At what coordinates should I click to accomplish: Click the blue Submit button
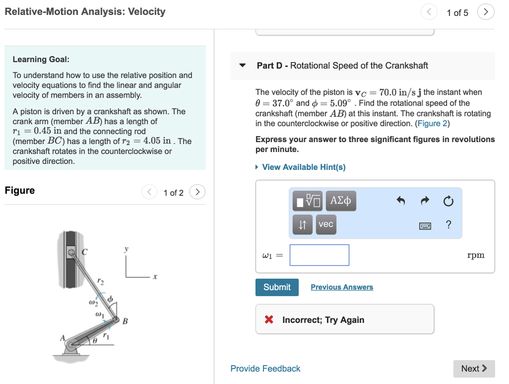pos(277,287)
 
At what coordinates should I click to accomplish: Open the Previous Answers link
pos(341,287)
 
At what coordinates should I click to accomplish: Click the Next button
pos(474,369)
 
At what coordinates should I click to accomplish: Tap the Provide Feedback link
pos(265,369)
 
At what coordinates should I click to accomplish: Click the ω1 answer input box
pos(319,255)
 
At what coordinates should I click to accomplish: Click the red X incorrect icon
pos(269,320)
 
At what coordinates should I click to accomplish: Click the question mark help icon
pos(448,225)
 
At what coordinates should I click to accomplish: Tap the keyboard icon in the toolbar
pos(425,226)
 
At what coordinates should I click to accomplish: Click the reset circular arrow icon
pos(448,201)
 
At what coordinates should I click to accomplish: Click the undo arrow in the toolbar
pos(401,201)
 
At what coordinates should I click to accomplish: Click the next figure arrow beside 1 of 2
pos(197,192)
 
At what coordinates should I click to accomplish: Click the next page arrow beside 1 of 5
pos(486,12)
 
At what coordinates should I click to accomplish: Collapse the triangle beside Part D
pos(243,66)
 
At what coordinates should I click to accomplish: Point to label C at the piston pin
pos(84,253)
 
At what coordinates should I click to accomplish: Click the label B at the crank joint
pos(125,321)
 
